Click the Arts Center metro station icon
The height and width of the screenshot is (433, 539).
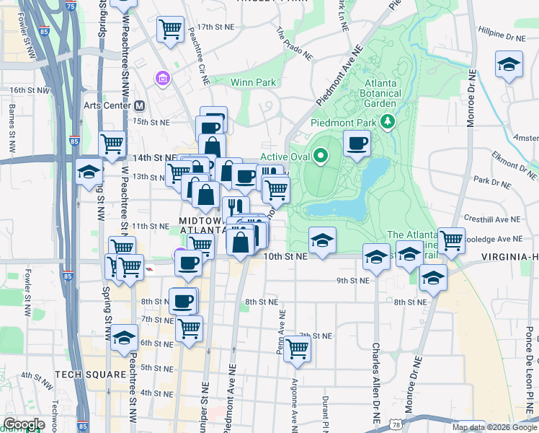tap(139, 105)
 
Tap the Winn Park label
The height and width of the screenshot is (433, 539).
tap(253, 82)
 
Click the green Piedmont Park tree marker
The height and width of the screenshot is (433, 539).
tap(389, 121)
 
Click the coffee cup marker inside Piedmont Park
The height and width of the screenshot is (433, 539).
tap(357, 144)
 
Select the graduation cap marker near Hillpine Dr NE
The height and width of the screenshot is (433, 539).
tap(509, 65)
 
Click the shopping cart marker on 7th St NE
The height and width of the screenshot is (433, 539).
tap(297, 349)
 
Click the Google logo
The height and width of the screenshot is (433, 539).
tap(23, 424)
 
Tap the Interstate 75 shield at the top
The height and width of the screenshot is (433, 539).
tap(70, 6)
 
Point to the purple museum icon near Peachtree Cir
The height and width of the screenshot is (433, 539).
tap(163, 77)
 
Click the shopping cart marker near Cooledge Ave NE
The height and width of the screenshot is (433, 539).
tap(451, 240)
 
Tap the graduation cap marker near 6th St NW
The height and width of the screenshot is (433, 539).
tap(124, 337)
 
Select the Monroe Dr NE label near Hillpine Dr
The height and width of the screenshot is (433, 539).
tap(473, 97)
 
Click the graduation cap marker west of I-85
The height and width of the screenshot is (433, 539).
tap(89, 172)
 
